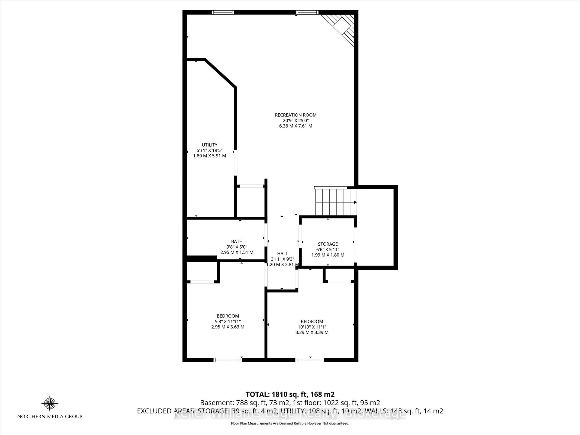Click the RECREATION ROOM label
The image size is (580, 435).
pos(295,115)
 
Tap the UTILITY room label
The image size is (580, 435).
pos(209,145)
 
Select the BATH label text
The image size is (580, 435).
pos(237,241)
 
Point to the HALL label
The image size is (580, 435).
pos(282,254)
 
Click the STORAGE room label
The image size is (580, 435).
pos(328,244)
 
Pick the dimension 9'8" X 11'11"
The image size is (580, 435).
pos(228,321)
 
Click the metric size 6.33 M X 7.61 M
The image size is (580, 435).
pos(295,126)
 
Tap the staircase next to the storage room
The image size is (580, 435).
pos(336,202)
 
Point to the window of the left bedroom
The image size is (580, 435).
pos(228,360)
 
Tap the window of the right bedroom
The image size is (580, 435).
pos(309,360)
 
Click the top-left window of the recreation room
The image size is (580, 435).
pos(223,12)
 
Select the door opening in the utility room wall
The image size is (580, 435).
pos(235,163)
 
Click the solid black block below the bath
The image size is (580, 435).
pos(201,259)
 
